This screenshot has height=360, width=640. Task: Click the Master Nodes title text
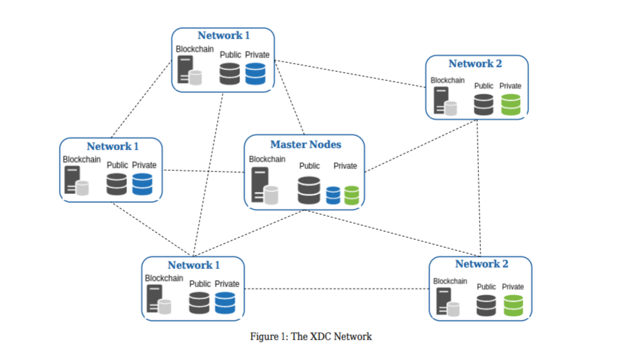306,144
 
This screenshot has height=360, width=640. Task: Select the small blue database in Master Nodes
333,194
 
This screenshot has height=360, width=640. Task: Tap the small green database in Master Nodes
351,194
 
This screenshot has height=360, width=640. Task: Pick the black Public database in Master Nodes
309,190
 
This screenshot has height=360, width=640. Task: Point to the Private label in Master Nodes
345,166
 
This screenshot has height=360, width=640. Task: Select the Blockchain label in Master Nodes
267,159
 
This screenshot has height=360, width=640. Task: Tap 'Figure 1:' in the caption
269,336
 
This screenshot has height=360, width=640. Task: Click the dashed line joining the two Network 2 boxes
479,186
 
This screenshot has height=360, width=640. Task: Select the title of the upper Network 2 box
475,64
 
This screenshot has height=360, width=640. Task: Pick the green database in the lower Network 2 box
513,305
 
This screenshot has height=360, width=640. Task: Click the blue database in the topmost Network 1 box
255,74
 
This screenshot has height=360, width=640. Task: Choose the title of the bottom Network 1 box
194,265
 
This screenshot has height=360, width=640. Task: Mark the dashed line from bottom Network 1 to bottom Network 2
337,289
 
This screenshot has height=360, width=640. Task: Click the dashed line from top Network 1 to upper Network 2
350,74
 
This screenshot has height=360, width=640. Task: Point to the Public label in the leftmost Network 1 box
117,165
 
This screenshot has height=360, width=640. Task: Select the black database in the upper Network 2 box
484,104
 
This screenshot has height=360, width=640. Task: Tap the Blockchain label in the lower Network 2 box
450,281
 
